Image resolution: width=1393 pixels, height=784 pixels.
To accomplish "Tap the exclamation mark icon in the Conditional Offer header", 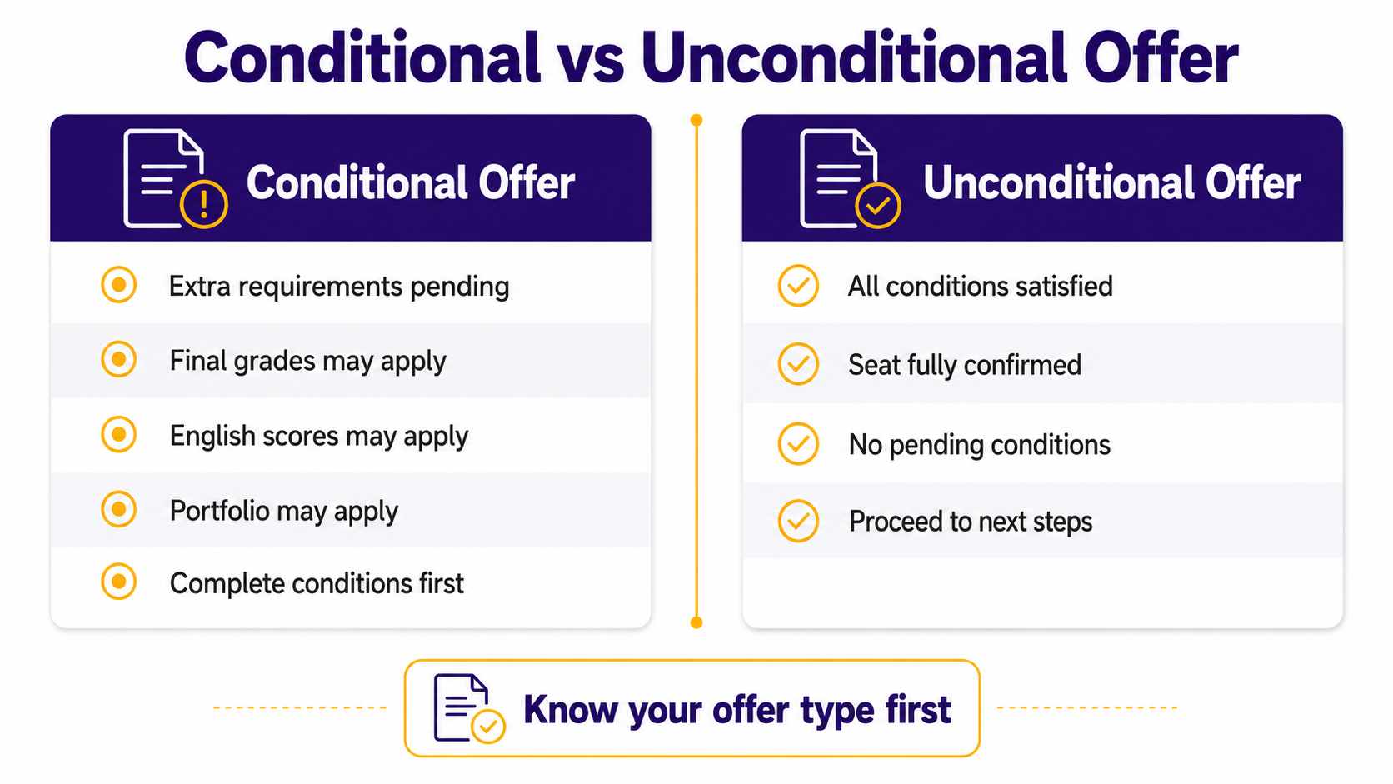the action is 204,204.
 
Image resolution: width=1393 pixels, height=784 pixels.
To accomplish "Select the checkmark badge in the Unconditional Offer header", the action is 877,205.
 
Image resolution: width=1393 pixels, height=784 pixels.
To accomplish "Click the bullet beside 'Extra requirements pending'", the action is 119,285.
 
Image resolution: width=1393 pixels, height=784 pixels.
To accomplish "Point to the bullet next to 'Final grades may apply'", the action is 119,359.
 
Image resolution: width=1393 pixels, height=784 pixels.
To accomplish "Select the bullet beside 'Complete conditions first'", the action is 119,582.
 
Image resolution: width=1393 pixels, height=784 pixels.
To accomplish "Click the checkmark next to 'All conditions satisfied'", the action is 798,286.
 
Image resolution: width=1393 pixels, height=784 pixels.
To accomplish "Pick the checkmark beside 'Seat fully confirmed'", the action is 798,364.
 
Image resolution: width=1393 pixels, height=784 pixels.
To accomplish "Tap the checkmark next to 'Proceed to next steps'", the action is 798,521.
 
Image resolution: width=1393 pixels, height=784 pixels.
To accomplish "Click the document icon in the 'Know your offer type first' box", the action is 468,708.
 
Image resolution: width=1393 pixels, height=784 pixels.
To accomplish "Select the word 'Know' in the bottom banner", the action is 570,709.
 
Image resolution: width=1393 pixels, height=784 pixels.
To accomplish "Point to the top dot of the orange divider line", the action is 696,120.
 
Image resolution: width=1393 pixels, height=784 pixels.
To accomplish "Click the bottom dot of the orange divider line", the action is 696,622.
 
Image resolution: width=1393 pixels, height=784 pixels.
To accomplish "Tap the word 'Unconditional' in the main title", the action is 854,57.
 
